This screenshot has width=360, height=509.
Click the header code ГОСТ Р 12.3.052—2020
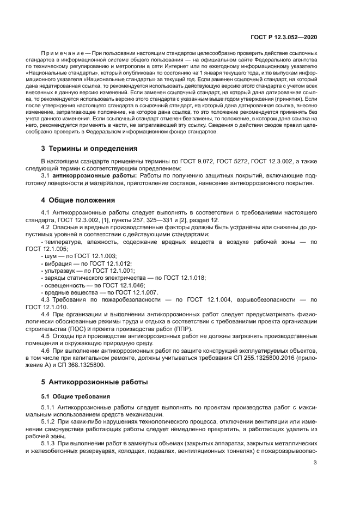(x=284, y=37)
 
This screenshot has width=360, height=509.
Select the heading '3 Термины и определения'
(x=89, y=149)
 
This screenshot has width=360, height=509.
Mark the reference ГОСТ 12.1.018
(x=184, y=278)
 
